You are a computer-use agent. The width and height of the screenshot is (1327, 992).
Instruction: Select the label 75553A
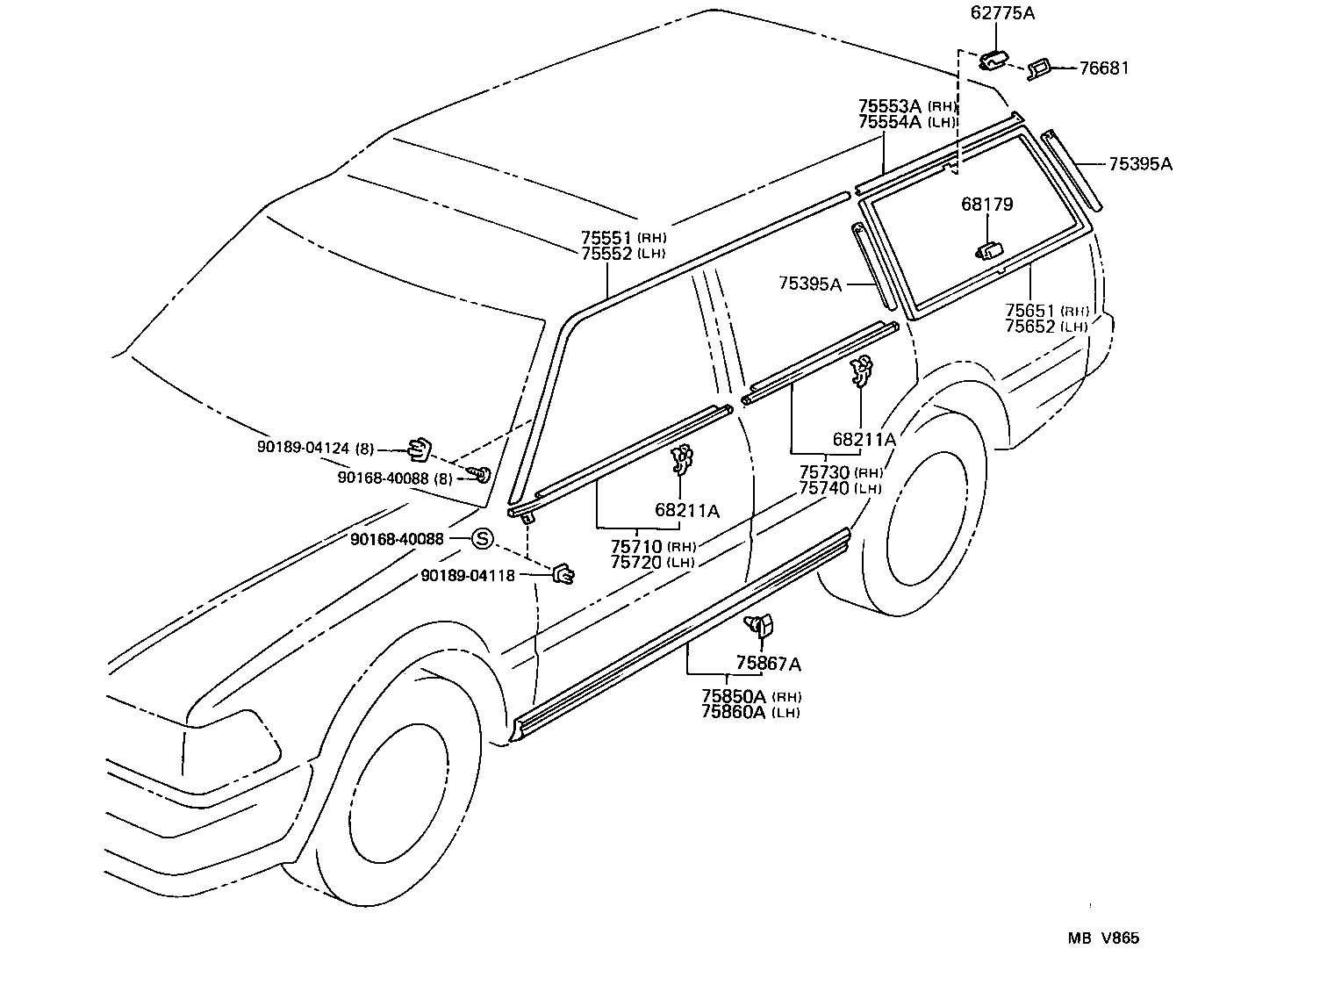click(889, 105)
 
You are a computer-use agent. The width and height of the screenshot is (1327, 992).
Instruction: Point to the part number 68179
click(986, 204)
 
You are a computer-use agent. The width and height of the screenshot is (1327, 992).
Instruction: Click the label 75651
click(1030, 310)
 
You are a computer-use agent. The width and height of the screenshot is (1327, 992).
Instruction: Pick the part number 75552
click(606, 253)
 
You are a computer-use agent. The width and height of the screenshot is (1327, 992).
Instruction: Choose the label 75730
click(824, 472)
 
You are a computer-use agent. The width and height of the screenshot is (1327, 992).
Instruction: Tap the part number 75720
click(636, 562)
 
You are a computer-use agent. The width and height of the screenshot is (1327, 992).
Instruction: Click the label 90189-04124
click(302, 448)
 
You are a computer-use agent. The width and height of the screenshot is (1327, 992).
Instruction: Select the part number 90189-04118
click(468, 575)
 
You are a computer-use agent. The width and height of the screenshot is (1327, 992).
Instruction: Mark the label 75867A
click(768, 664)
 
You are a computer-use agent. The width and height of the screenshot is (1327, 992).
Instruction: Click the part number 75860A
click(734, 711)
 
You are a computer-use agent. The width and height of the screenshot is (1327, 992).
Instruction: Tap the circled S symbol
click(483, 539)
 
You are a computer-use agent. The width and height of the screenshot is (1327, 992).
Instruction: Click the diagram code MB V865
click(1103, 938)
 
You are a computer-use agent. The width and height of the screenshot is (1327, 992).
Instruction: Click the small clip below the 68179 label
click(989, 251)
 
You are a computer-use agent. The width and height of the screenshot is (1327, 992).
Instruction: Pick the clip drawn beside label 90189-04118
click(563, 574)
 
